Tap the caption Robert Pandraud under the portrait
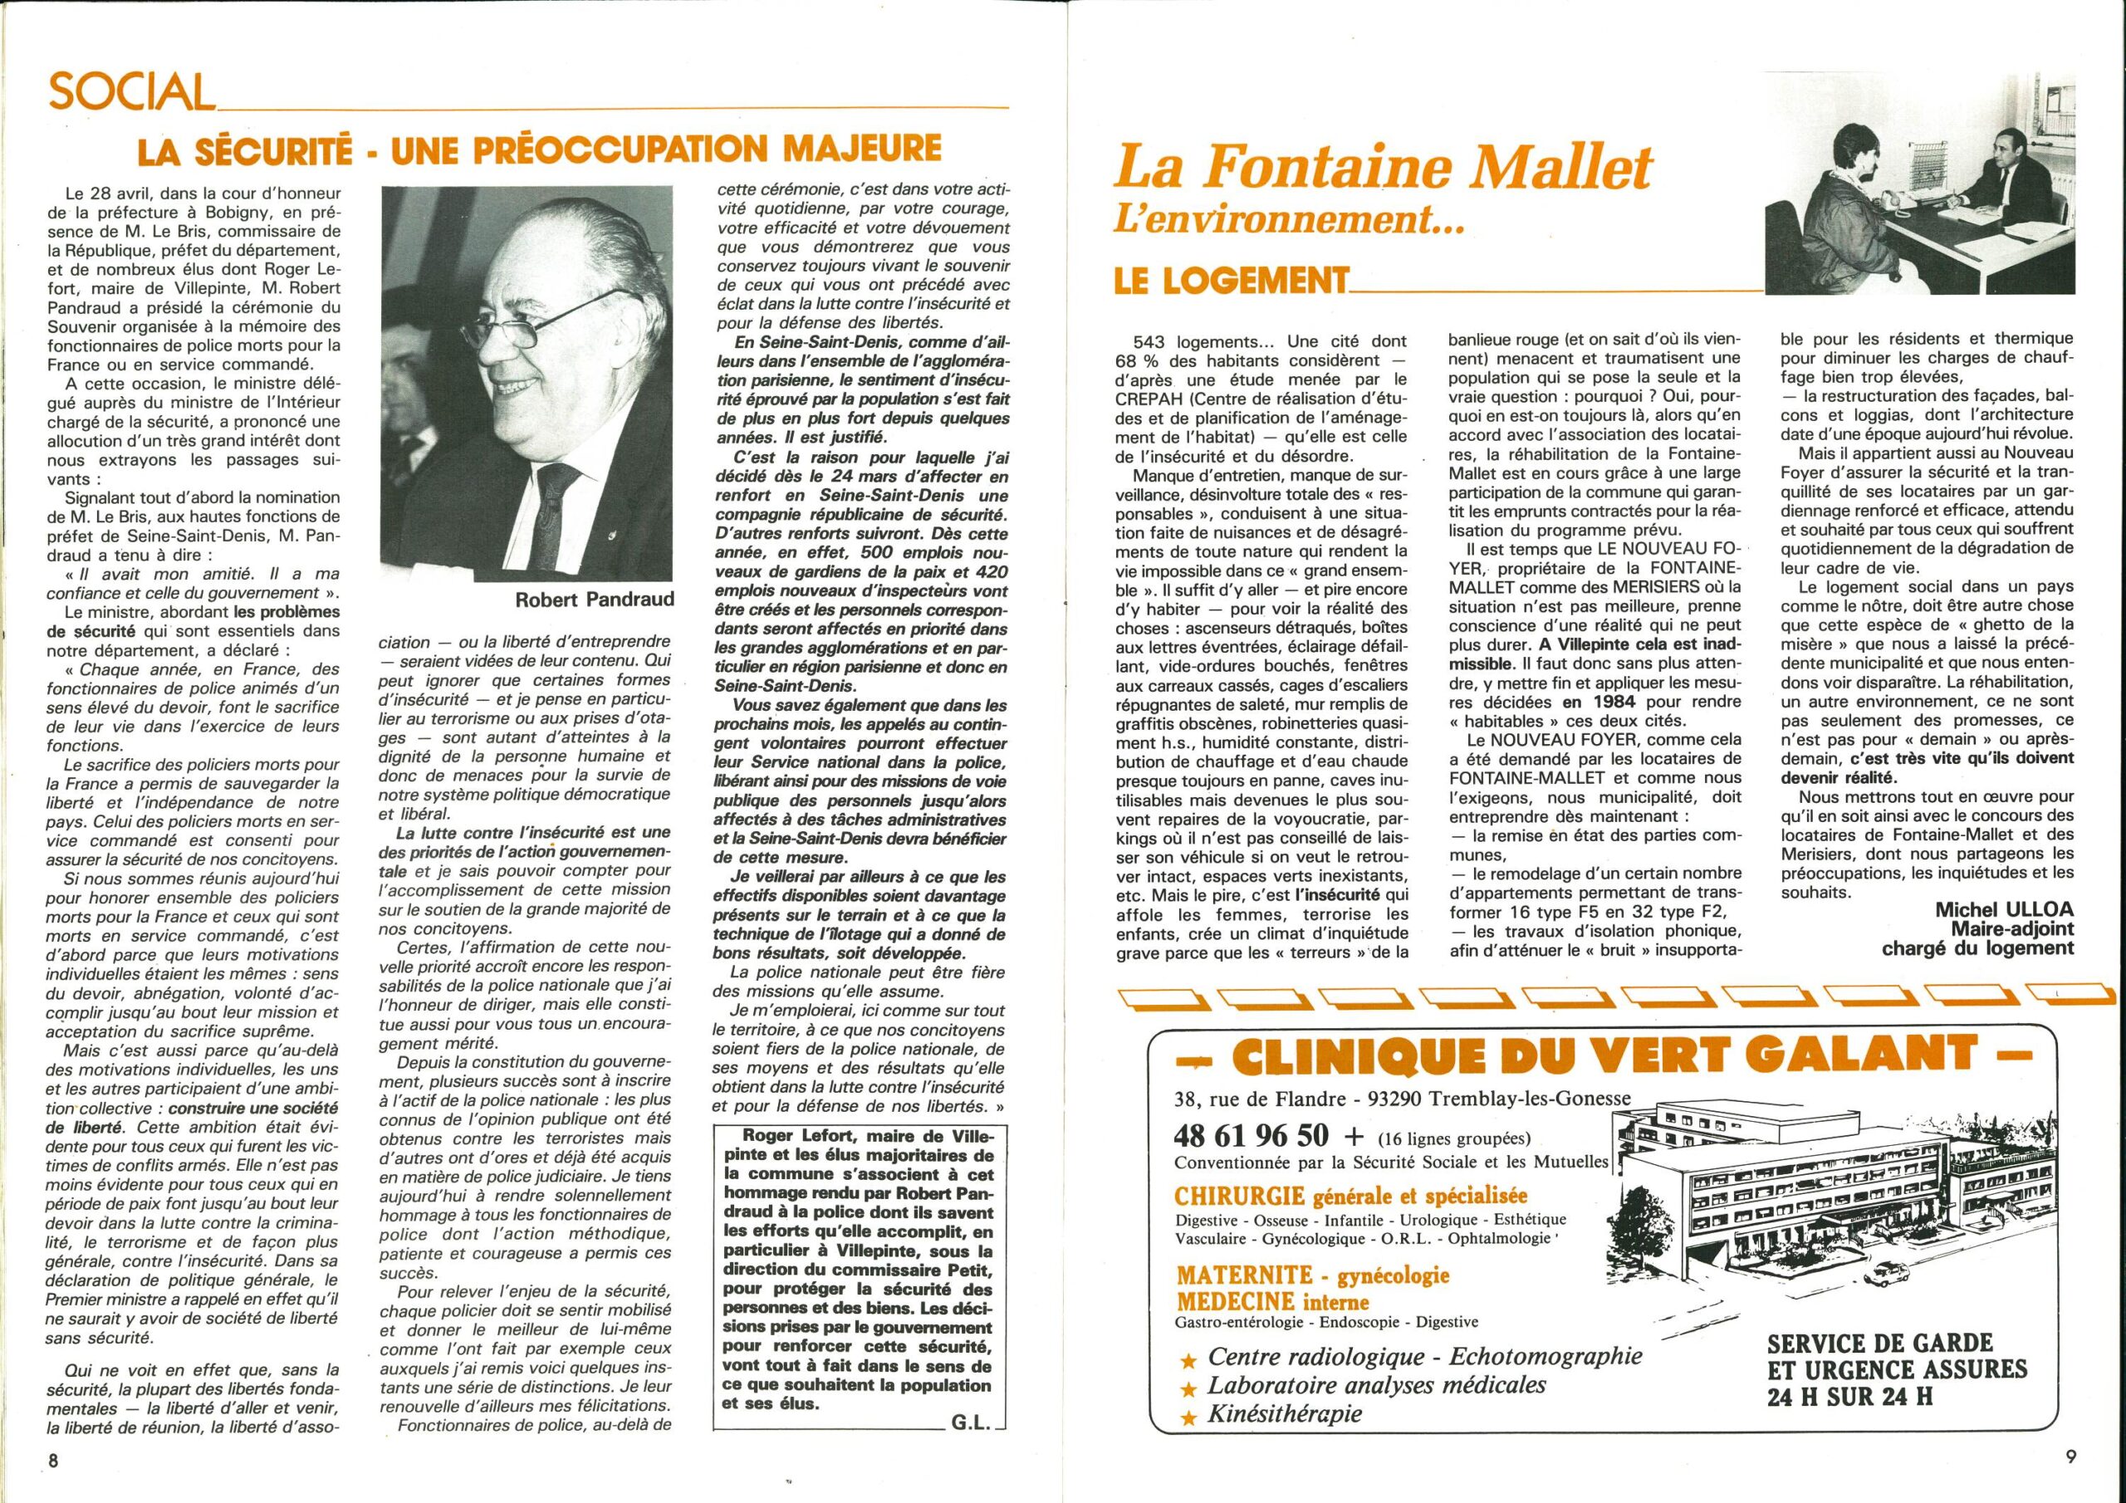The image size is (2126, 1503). click(595, 600)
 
